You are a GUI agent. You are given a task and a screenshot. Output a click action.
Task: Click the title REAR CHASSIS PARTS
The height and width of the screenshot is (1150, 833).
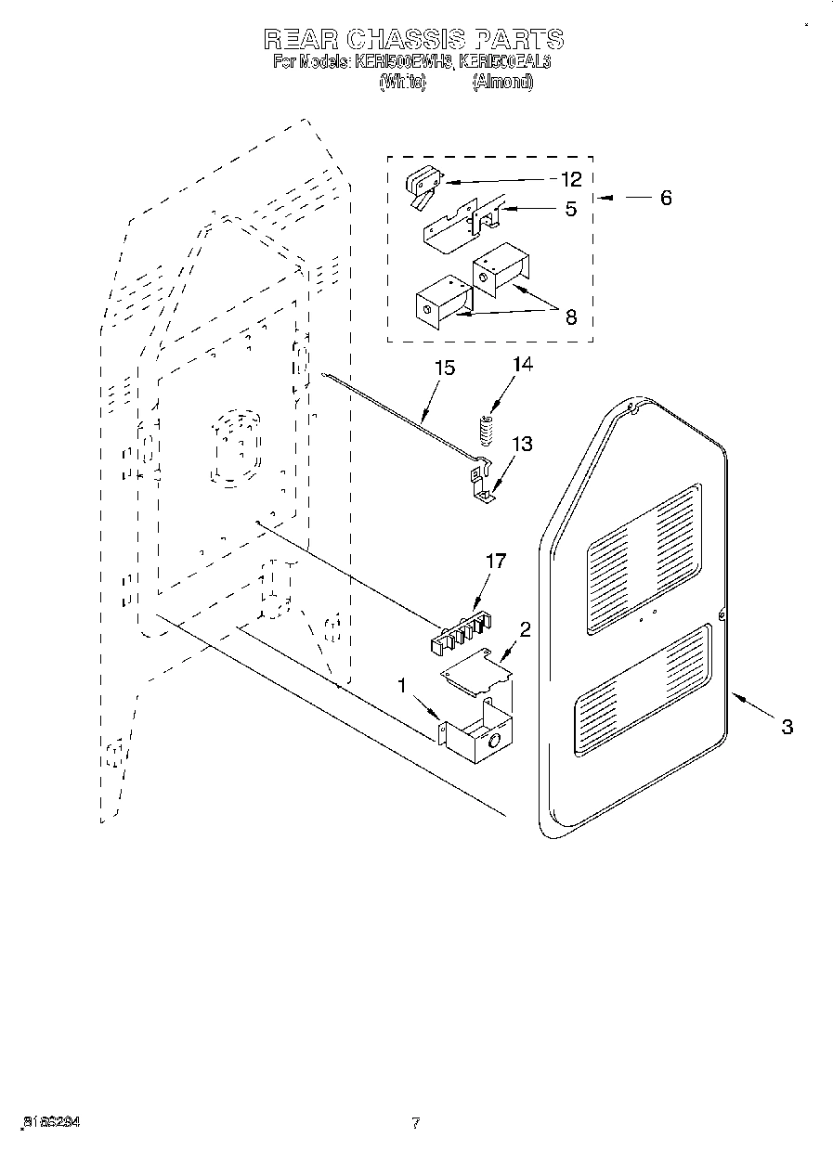[x=412, y=39]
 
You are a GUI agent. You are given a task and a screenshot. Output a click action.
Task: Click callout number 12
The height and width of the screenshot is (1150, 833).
[x=569, y=180]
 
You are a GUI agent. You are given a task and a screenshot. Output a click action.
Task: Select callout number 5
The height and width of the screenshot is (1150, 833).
[x=570, y=209]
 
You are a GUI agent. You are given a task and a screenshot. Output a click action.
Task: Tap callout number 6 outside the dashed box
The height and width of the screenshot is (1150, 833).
[x=665, y=198]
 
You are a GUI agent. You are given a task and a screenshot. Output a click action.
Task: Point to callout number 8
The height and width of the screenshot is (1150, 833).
[x=570, y=317]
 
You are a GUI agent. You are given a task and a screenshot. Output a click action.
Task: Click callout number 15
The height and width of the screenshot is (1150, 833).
[x=445, y=368]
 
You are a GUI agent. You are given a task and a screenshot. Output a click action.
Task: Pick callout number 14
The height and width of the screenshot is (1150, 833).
[x=523, y=365]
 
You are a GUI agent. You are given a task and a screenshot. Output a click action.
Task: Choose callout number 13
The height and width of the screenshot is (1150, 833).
[x=522, y=445]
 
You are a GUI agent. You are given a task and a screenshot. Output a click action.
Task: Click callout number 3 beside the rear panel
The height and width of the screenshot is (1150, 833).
[x=786, y=727]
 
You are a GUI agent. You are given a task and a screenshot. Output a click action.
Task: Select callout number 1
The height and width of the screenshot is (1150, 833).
[x=401, y=686]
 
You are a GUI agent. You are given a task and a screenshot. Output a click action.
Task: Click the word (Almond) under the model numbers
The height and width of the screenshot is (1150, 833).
[x=502, y=82]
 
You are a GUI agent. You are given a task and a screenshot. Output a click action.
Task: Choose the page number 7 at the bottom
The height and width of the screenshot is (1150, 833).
[x=416, y=1123]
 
